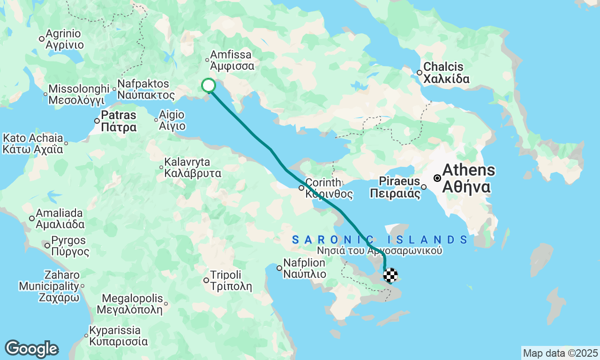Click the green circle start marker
click(x=209, y=85)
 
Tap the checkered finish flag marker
click(x=390, y=275)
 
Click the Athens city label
click(x=468, y=178)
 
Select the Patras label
click(x=119, y=121)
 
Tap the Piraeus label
click(x=395, y=187)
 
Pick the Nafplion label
click(x=304, y=269)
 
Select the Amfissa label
click(x=232, y=60)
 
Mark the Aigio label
click(x=172, y=120)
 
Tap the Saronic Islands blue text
click(x=380, y=240)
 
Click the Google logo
click(x=31, y=349)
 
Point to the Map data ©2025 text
click(x=560, y=353)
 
